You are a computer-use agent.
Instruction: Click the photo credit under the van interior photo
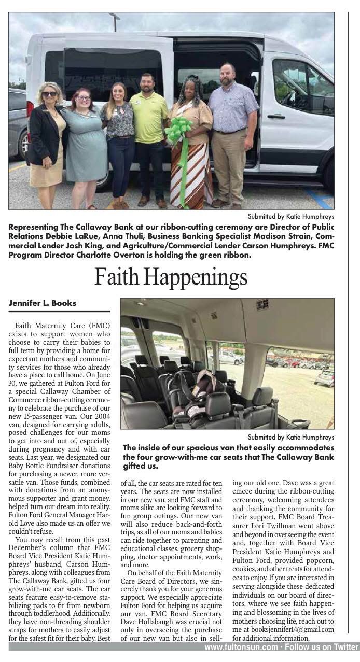pos(291,436)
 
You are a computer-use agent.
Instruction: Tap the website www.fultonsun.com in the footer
pos(241,647)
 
